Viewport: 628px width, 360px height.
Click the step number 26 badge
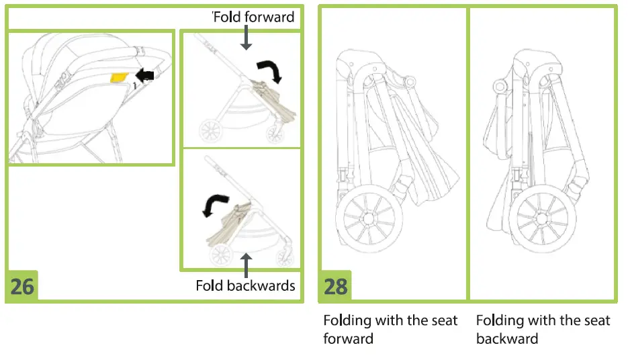[x=22, y=286]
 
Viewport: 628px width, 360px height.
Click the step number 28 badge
[x=336, y=286]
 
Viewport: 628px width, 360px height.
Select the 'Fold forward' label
[x=254, y=16]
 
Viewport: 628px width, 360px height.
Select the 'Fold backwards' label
[x=245, y=285]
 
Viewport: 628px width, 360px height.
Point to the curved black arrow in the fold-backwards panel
[x=216, y=205]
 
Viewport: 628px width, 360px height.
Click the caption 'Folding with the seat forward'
[x=390, y=329]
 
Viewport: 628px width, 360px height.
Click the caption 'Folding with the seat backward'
[x=543, y=329]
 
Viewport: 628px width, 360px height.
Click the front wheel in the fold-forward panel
[x=275, y=133]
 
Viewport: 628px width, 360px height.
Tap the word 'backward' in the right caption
[x=507, y=338]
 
